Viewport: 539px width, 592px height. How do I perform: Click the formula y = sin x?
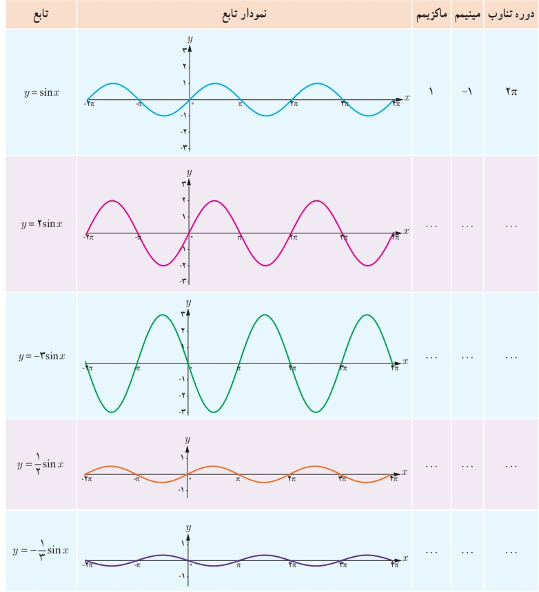(41, 92)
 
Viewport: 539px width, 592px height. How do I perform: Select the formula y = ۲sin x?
(42, 224)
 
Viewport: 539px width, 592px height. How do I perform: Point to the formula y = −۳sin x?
(42, 356)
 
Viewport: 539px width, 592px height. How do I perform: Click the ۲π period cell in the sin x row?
(511, 92)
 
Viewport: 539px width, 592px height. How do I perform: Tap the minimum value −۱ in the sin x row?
(467, 92)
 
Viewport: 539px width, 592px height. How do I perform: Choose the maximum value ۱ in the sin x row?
(431, 92)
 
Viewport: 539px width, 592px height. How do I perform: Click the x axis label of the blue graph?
(407, 98)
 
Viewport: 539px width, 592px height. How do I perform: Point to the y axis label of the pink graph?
(189, 172)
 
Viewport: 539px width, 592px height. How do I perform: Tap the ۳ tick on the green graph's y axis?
(183, 314)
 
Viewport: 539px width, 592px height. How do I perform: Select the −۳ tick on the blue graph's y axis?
(183, 147)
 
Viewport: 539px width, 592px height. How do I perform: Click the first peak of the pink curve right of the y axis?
(214, 200)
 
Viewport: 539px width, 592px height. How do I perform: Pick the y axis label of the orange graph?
(188, 438)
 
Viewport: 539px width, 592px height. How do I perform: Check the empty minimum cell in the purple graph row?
(467, 551)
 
